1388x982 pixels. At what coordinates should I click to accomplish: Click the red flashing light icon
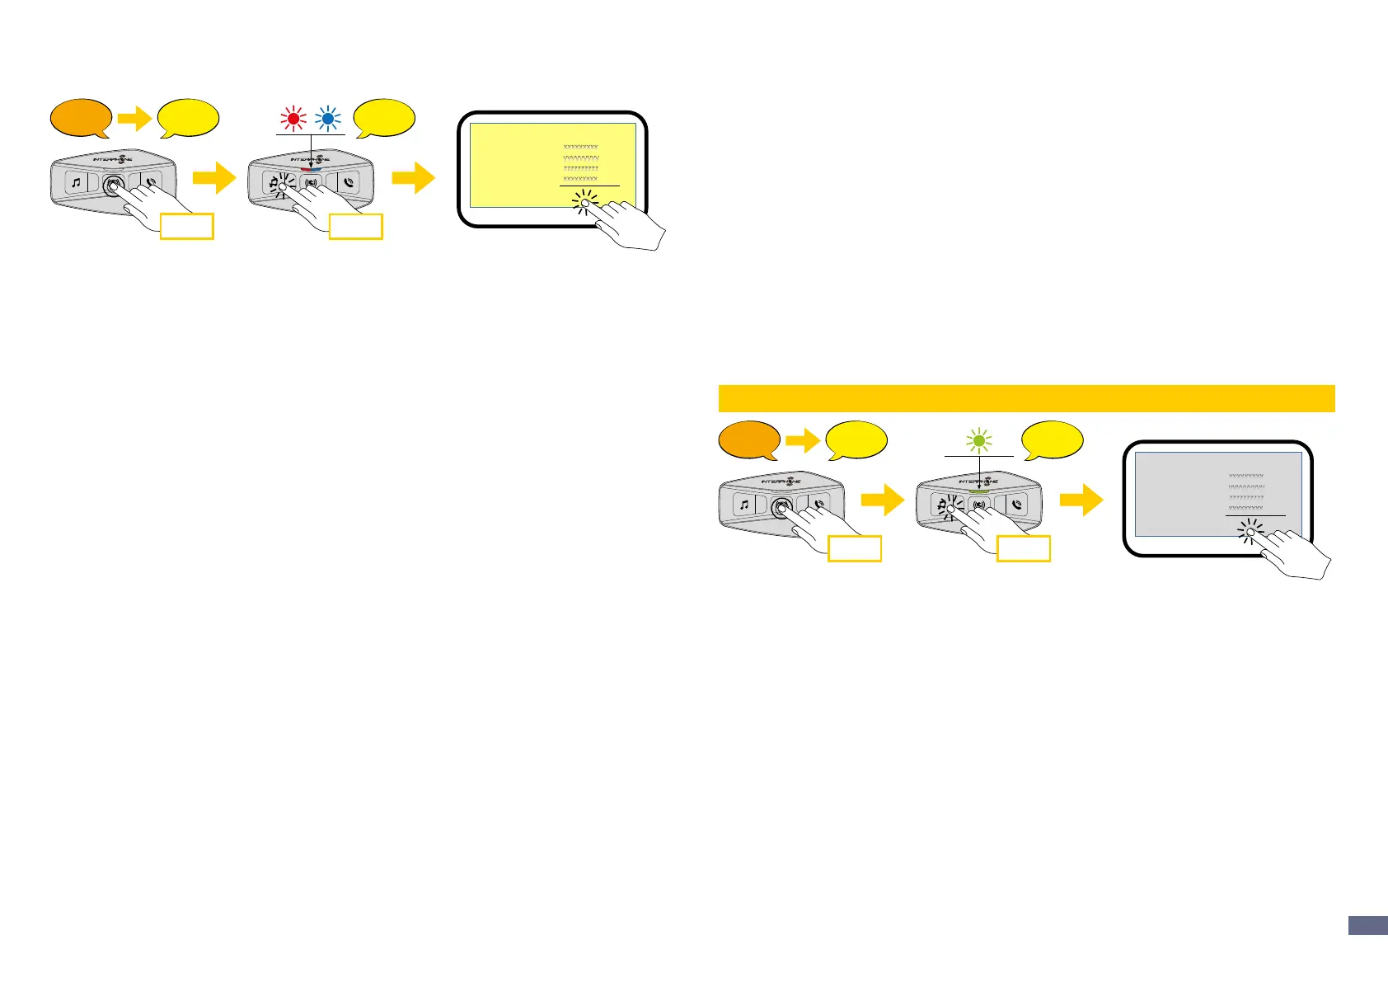(x=293, y=119)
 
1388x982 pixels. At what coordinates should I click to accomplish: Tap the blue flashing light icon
(x=328, y=119)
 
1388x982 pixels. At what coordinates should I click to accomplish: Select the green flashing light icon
(x=979, y=441)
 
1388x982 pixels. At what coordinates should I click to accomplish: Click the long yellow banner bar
(x=1026, y=398)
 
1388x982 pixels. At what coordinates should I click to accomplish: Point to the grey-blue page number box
(x=1367, y=925)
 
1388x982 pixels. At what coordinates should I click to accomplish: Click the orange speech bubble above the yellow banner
(x=81, y=119)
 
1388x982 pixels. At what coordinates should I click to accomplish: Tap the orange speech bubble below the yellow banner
(x=749, y=439)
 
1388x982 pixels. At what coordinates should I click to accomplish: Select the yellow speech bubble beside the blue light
(x=384, y=118)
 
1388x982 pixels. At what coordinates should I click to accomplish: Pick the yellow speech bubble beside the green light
(x=1052, y=439)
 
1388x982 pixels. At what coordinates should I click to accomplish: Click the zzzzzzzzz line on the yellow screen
(x=580, y=168)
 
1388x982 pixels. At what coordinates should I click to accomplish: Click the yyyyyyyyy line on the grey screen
(x=1246, y=486)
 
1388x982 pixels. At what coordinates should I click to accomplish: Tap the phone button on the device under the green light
(x=1019, y=505)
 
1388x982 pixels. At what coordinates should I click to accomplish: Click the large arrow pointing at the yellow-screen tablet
(x=413, y=178)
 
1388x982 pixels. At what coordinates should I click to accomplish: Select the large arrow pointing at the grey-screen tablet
(x=1081, y=500)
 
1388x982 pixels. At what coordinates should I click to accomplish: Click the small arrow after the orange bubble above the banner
(x=134, y=119)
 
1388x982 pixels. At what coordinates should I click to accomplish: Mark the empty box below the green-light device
(x=1023, y=548)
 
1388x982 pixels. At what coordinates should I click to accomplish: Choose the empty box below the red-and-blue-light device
(x=355, y=227)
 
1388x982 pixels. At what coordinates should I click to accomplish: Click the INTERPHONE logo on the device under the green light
(x=978, y=481)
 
